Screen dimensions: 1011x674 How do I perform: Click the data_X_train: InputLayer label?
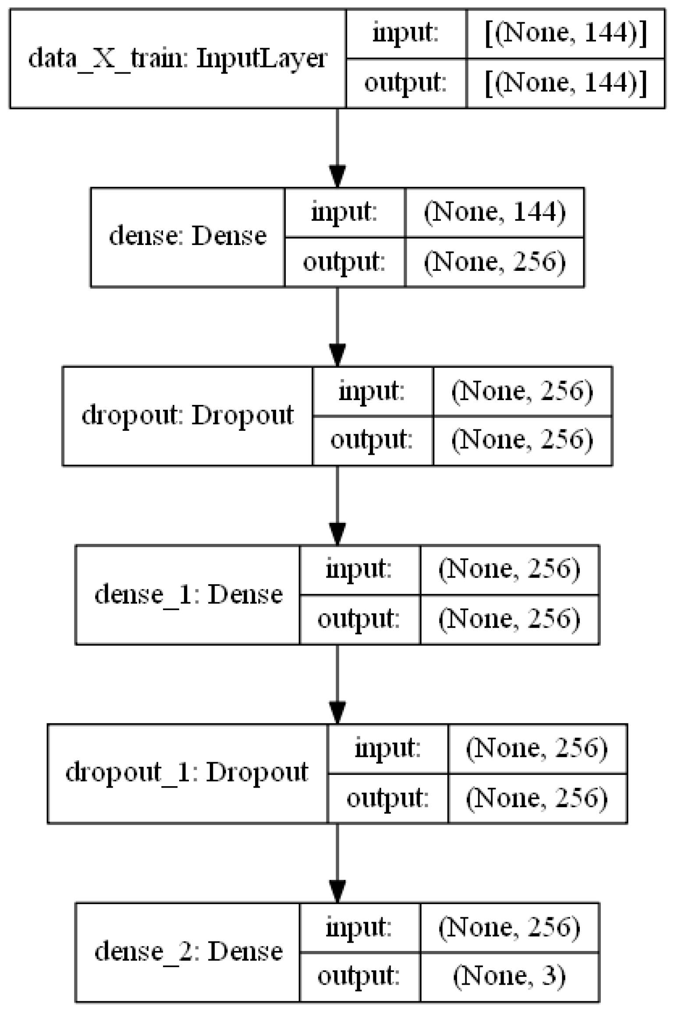pos(177,59)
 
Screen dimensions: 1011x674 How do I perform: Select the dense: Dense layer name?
pos(188,237)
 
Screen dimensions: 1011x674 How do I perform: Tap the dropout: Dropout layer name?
pos(188,415)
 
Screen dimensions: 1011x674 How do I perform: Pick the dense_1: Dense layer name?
pos(188,595)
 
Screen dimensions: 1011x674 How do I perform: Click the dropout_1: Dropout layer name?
pos(187,773)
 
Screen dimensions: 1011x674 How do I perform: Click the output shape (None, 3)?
pos(509,976)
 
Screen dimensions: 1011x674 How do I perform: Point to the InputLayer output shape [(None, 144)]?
pos(566,83)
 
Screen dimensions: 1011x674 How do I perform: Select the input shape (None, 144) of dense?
pos(495,213)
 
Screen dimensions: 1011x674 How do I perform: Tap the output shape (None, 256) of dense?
pos(495,262)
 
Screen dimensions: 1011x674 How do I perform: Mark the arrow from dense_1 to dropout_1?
pos(337,684)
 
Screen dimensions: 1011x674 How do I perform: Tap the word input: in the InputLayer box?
pos(405,33)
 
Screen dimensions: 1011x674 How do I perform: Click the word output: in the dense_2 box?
pos(359,976)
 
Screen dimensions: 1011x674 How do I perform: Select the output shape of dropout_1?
pos(537,798)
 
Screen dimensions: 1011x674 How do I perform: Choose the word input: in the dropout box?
pos(372,391)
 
